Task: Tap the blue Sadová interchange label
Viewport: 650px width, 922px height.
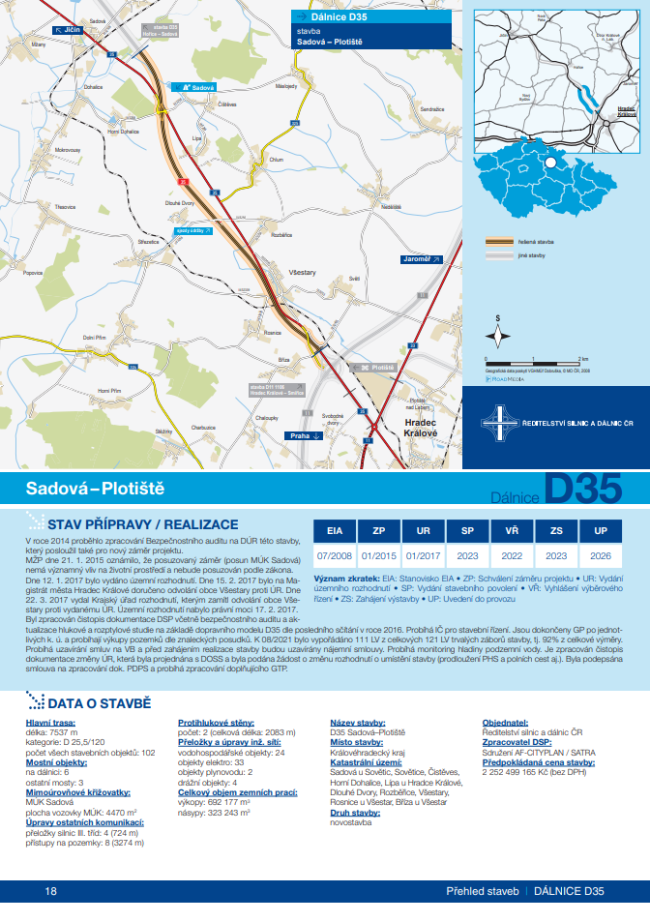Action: tap(197, 87)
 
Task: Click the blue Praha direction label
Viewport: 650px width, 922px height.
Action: tap(303, 436)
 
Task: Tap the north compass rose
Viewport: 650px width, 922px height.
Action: tap(498, 335)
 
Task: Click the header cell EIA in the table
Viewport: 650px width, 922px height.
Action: tap(335, 531)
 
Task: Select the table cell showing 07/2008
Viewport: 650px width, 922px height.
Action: tap(335, 556)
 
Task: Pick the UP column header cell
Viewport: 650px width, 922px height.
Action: tap(601, 531)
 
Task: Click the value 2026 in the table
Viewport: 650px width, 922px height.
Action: tap(601, 556)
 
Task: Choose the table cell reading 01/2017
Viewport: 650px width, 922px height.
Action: tap(423, 556)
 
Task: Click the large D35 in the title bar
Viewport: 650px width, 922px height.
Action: tap(582, 489)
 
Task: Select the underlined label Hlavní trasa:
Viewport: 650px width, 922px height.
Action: tap(47, 722)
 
